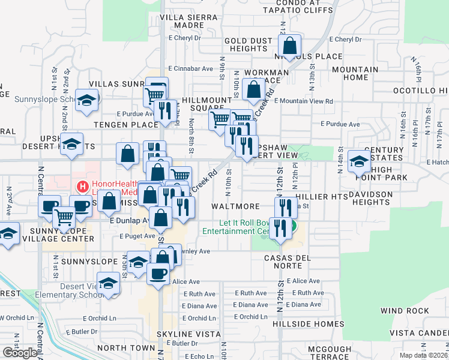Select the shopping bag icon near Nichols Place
pyautogui.click(x=290, y=46)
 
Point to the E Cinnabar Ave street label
pyautogui.click(x=191, y=68)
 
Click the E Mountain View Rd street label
pyautogui.click(x=304, y=101)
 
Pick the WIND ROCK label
pyautogui.click(x=405, y=311)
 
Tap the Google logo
pyautogui.click(x=20, y=353)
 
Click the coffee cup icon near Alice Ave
pyautogui.click(x=158, y=274)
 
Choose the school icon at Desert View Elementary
pyautogui.click(x=108, y=283)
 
